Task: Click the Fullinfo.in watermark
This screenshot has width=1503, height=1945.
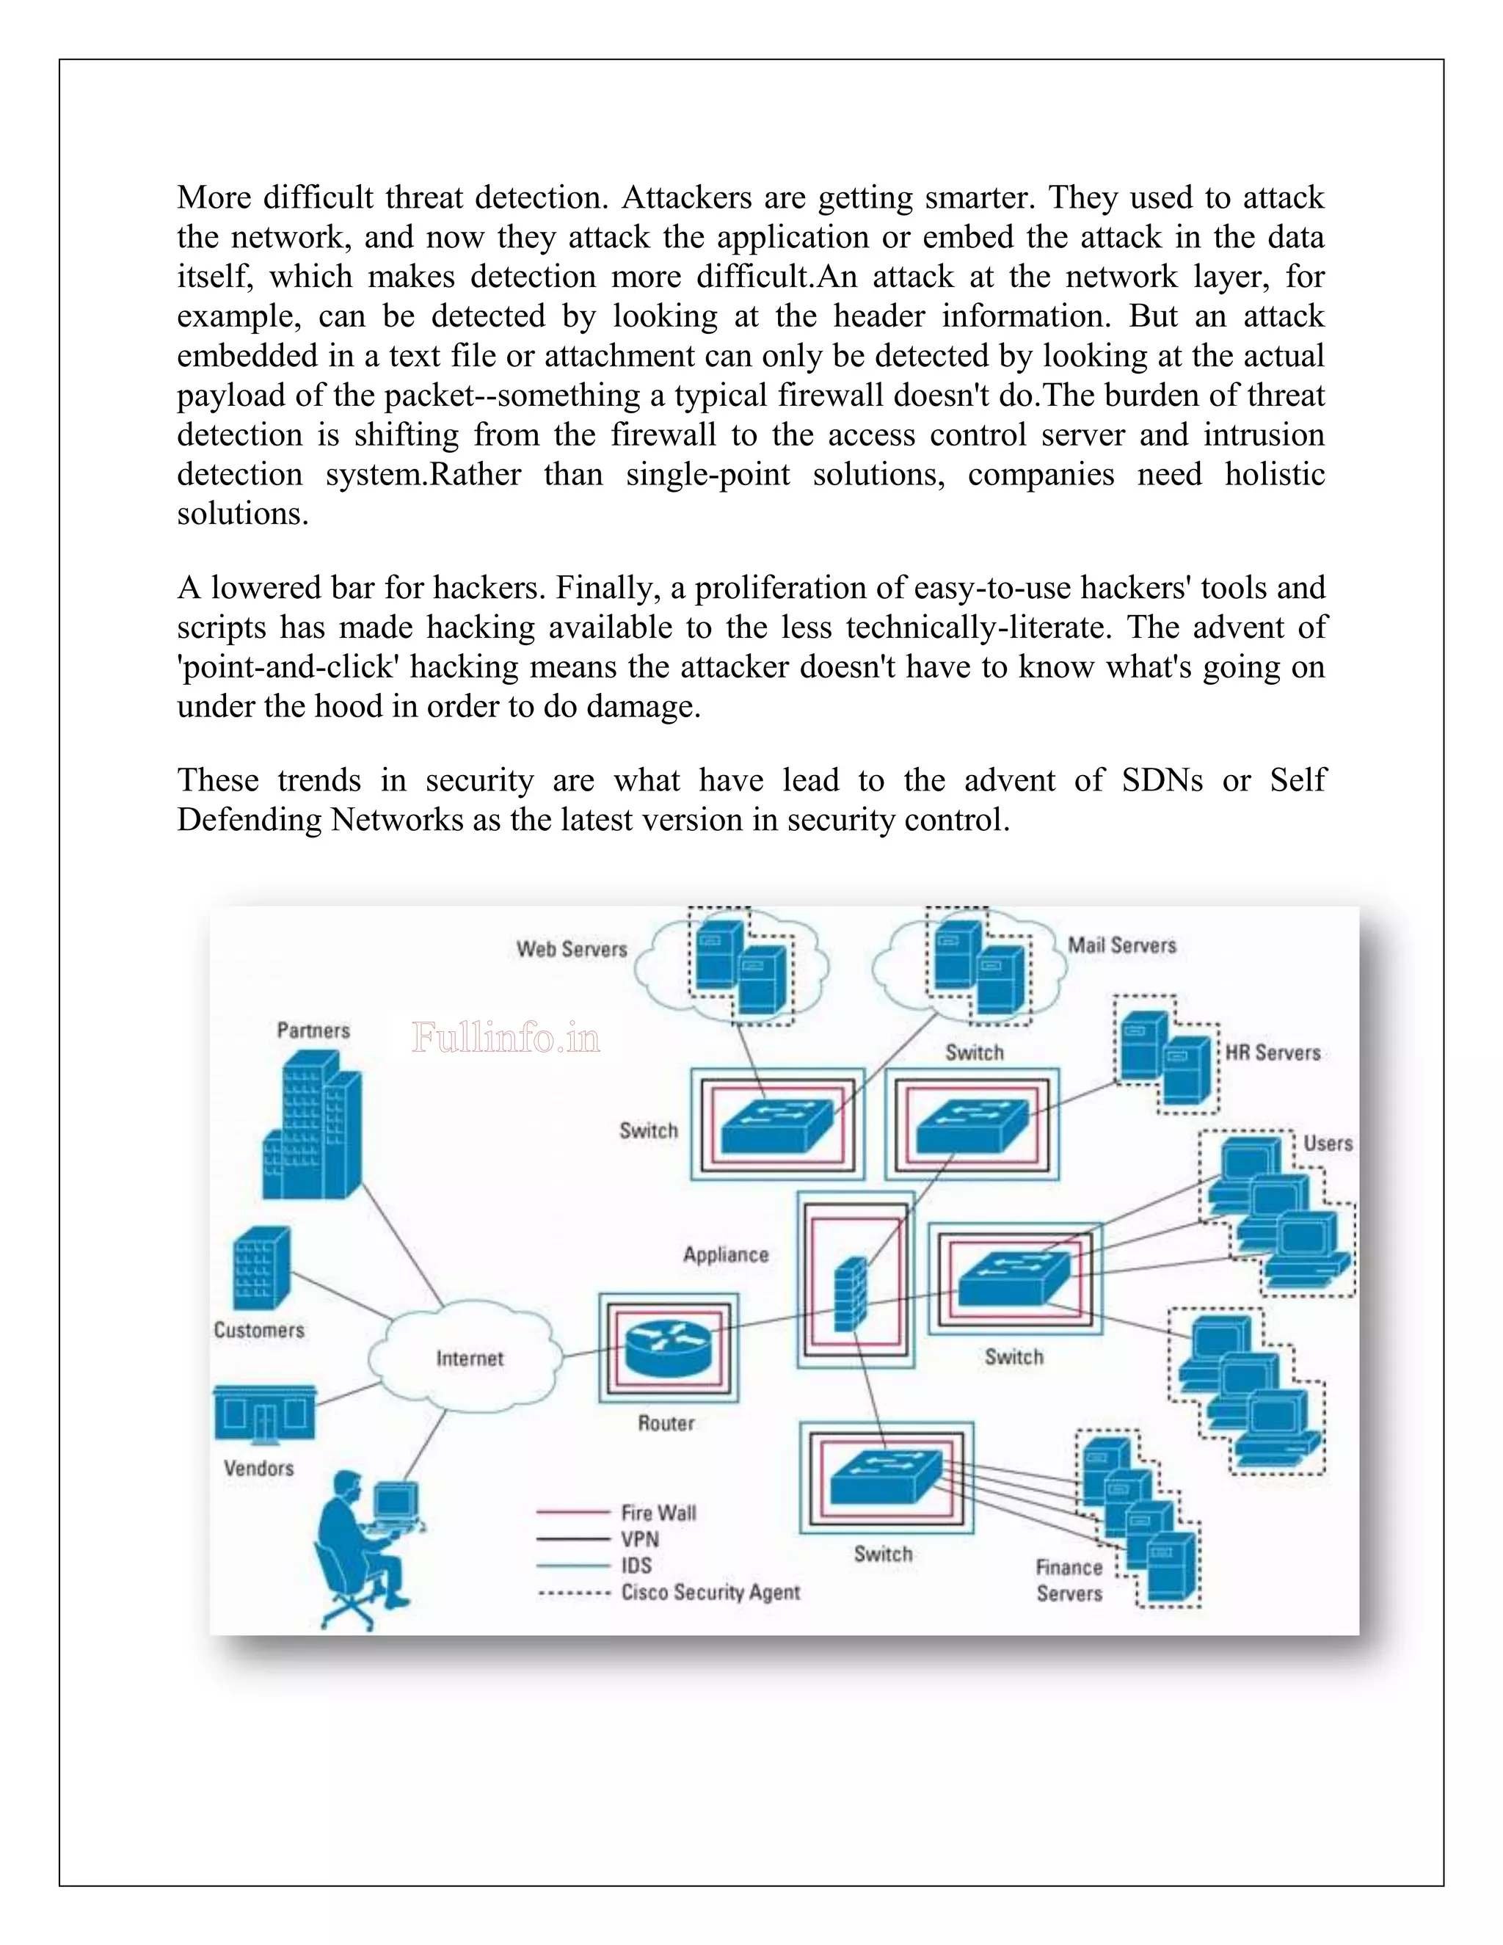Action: (x=506, y=1039)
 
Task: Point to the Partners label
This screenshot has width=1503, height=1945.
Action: (x=313, y=1030)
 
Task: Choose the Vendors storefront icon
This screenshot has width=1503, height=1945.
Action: (x=264, y=1414)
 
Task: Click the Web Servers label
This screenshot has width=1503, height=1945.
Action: (x=572, y=949)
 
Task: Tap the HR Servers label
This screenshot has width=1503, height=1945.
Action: (x=1273, y=1053)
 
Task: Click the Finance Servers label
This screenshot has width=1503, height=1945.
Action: (x=1069, y=1580)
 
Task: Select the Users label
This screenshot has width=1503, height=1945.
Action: (x=1328, y=1144)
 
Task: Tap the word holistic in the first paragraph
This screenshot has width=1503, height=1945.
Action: (x=1274, y=474)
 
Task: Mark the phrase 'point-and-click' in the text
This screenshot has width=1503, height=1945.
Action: (x=287, y=667)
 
